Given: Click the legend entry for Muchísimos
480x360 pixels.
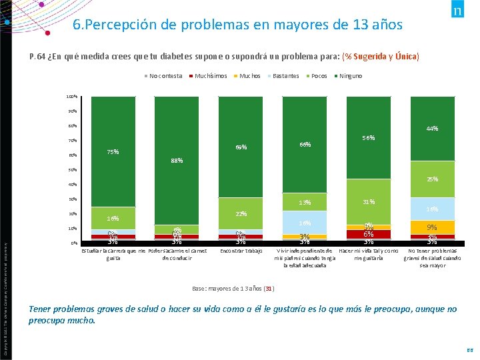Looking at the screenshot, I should click(x=210, y=76).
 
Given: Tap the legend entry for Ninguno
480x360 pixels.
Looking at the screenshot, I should click(x=350, y=76).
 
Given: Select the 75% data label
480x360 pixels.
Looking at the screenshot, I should click(x=113, y=152).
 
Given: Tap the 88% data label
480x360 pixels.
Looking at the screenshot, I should click(x=176, y=161).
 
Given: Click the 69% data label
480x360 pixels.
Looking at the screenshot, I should click(x=241, y=147).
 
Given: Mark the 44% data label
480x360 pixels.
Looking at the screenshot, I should click(x=432, y=129).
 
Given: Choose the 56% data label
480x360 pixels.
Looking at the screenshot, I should click(x=368, y=138).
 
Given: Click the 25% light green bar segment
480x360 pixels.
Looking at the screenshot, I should click(x=432, y=179).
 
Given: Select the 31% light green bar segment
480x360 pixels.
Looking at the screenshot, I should click(x=368, y=202).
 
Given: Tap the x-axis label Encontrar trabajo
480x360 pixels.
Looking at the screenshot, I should click(x=241, y=251).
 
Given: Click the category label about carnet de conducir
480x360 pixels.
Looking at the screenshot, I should click(x=176, y=255).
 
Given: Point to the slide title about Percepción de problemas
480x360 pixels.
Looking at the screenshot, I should click(x=237, y=25).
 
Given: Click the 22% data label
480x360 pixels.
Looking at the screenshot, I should click(x=241, y=214).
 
